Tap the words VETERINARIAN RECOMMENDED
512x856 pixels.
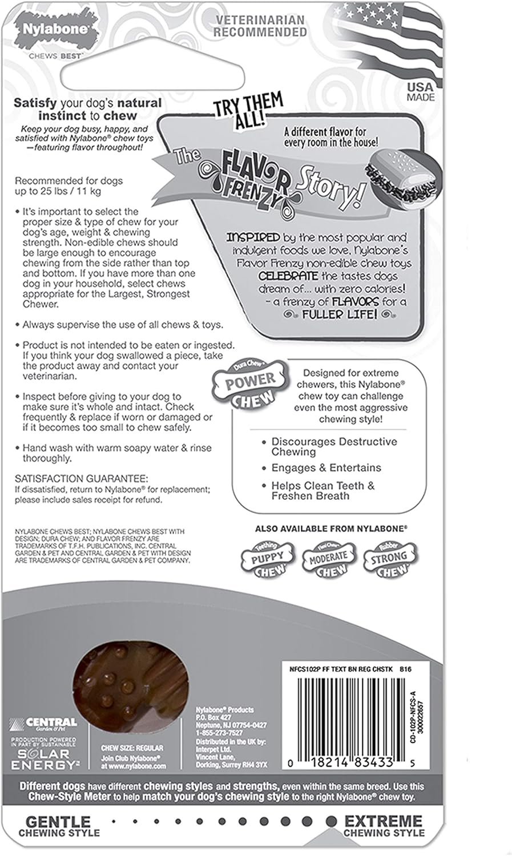pyautogui.click(x=260, y=26)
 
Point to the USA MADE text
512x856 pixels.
pyautogui.click(x=421, y=92)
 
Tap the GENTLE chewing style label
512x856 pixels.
pyautogui.click(x=59, y=822)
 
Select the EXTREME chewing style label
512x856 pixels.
pyautogui.click(x=384, y=822)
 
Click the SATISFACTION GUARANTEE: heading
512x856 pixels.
pyautogui.click(x=82, y=478)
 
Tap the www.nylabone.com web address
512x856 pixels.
pyautogui.click(x=134, y=766)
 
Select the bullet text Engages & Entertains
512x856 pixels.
pyautogui.click(x=326, y=468)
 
